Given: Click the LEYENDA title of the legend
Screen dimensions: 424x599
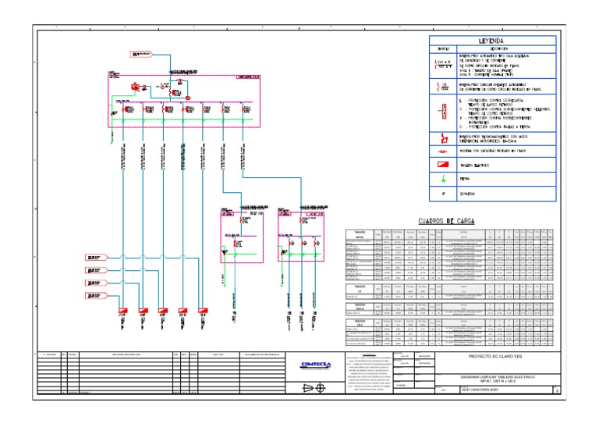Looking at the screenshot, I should pos(491,40).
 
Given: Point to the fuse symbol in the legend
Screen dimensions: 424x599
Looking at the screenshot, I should pos(443,150).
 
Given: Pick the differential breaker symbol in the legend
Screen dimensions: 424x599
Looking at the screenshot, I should pos(443,137).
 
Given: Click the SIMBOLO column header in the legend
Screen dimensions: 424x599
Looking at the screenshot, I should pos(442,49).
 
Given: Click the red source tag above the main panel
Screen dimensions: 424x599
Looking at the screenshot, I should pos(142,55).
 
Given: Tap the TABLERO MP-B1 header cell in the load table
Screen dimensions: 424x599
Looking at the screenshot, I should pos(360,234).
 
